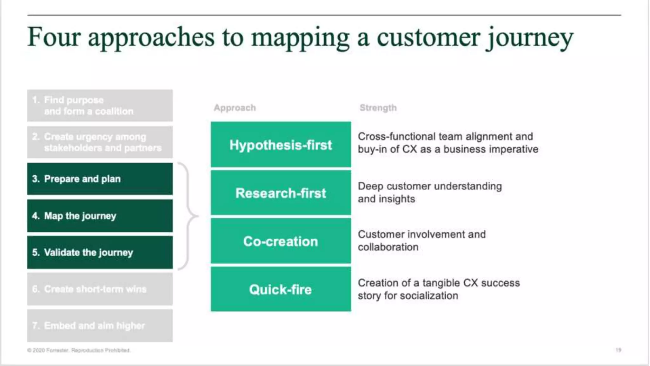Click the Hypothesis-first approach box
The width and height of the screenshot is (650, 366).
(281, 145)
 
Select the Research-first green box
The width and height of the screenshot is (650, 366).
(281, 193)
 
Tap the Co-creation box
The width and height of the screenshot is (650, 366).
(281, 241)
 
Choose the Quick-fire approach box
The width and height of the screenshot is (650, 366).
(281, 289)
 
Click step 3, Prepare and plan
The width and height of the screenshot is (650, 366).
(100, 179)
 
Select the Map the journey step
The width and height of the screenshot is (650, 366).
(100, 216)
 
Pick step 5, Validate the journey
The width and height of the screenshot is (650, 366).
(100, 252)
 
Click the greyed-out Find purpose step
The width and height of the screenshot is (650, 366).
(100, 105)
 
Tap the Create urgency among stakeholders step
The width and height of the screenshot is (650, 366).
(100, 142)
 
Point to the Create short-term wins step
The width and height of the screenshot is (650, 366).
(100, 289)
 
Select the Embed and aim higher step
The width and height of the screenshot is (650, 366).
(100, 326)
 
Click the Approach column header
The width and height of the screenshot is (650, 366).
(235, 108)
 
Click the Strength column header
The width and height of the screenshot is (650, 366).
(378, 108)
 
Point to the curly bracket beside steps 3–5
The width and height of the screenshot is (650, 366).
(189, 216)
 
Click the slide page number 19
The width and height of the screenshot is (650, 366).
(618, 350)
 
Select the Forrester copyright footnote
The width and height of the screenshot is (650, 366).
(79, 350)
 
